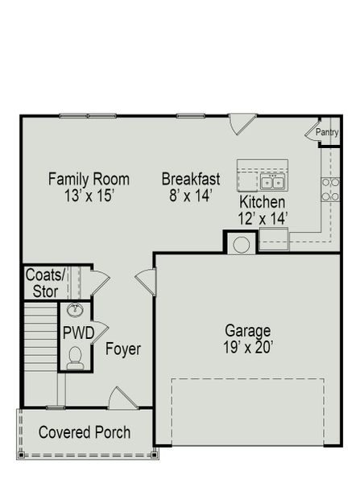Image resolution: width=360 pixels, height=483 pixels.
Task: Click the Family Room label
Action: point(89,179)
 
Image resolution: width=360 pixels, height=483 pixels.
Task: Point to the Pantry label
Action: point(327,132)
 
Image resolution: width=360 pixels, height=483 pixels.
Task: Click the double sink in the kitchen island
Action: point(271,181)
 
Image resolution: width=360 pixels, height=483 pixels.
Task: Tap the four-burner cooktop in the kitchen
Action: point(330,188)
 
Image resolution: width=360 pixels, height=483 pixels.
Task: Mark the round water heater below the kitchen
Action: point(241,243)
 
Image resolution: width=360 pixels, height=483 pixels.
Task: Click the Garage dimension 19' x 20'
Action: point(248,348)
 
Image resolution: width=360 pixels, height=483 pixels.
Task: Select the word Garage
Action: point(248,331)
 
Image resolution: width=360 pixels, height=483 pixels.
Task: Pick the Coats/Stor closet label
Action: point(45,283)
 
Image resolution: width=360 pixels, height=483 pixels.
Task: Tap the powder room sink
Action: point(76,311)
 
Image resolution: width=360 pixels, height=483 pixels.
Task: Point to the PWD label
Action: point(79,332)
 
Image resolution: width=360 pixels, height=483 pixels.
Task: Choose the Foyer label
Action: point(123,349)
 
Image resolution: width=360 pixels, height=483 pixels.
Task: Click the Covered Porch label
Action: point(85,432)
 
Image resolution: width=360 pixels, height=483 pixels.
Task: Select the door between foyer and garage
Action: point(146,282)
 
